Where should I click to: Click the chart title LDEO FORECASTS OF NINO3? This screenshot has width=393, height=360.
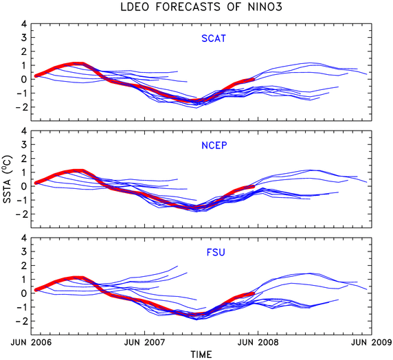pyautogui.click(x=201, y=7)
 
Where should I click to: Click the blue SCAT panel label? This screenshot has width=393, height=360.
pyautogui.click(x=214, y=38)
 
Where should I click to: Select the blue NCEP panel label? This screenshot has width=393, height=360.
pyautogui.click(x=214, y=146)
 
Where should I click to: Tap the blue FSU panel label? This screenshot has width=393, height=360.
pyautogui.click(x=216, y=252)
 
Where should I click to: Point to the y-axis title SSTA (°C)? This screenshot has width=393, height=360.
pyautogui.click(x=7, y=179)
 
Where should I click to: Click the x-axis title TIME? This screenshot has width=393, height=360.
pyautogui.click(x=201, y=355)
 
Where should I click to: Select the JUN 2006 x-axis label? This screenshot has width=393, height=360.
pyautogui.click(x=31, y=342)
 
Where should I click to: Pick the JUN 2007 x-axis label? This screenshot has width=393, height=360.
pyautogui.click(x=144, y=342)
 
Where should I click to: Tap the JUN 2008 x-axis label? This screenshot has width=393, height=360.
pyautogui.click(x=258, y=342)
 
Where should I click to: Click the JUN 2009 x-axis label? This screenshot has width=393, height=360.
pyautogui.click(x=372, y=342)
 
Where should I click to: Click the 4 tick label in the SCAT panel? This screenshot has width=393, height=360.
pyautogui.click(x=24, y=24)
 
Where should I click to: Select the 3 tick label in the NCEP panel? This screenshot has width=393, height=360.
pyautogui.click(x=24, y=145)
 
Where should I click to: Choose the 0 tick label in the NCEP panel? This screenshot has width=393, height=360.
pyautogui.click(x=24, y=186)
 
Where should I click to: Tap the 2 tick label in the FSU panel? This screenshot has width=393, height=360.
pyautogui.click(x=24, y=266)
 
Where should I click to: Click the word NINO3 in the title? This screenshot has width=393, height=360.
pyautogui.click(x=265, y=7)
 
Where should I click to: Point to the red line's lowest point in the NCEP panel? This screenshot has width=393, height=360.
pyautogui.click(x=196, y=207)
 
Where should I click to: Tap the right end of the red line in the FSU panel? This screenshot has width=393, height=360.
pyautogui.click(x=254, y=293)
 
